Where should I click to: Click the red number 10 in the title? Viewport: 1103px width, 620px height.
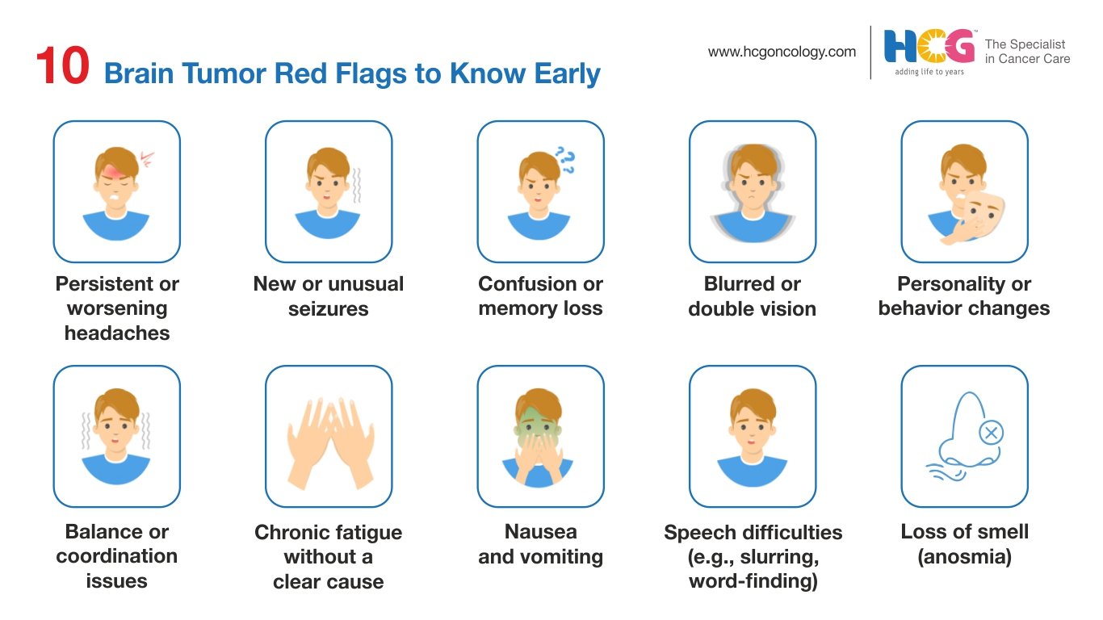click(62, 65)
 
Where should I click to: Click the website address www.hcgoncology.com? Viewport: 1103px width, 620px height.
click(782, 52)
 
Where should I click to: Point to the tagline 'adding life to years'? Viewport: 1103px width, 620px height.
click(929, 72)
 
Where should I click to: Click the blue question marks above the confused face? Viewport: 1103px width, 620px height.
click(565, 160)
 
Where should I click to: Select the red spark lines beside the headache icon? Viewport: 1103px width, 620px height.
click(147, 160)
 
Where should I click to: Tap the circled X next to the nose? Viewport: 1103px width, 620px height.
click(991, 433)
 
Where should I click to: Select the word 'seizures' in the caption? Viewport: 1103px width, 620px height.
click(328, 309)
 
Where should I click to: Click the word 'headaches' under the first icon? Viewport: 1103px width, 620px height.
click(117, 333)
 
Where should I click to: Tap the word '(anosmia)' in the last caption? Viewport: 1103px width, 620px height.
click(964, 557)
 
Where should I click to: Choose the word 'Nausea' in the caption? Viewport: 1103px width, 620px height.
click(541, 532)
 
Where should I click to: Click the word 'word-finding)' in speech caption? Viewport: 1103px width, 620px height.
click(753, 581)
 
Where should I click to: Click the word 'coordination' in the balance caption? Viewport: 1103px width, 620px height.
click(117, 556)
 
